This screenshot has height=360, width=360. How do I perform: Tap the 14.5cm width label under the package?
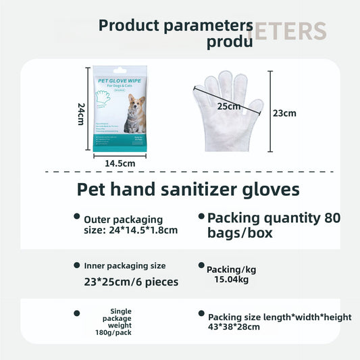tap(120, 163)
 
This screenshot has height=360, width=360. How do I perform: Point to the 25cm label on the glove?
tap(228, 107)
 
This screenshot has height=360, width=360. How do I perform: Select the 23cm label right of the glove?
tap(284, 113)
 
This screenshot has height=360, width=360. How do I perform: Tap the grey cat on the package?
tap(134, 122)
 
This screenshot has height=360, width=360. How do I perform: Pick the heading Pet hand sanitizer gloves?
tap(188, 189)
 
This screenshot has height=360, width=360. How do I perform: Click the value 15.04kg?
tap(232, 279)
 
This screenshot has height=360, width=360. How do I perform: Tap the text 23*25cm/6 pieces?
tap(131, 281)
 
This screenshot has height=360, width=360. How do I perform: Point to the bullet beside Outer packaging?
tap(77, 217)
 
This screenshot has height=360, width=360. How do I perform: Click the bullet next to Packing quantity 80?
tap(201, 217)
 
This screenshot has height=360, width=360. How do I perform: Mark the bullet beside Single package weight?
tap(77, 313)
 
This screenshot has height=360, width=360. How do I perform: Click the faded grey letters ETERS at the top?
tap(290, 31)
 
